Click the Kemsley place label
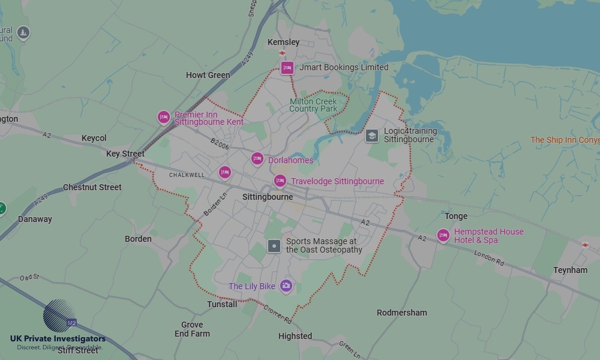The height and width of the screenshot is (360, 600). tap(284, 43)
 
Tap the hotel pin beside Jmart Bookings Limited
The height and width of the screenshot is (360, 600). tap(287, 68)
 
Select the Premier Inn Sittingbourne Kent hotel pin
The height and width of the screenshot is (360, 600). tap(163, 117)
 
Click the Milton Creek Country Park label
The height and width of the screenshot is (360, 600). tap(313, 105)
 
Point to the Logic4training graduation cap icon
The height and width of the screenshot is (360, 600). tap(372, 136)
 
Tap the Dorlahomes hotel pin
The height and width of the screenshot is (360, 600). tap(257, 158)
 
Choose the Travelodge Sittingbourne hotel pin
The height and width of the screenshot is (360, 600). tap(280, 181)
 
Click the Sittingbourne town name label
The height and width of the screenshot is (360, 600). tap(268, 197)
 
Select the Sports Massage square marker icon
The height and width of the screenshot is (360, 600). tap(274, 245)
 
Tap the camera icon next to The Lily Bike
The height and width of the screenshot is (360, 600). tap(286, 286)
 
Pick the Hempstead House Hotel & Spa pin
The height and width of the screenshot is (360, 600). tap(443, 235)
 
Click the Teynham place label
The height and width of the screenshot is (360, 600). tap(570, 270)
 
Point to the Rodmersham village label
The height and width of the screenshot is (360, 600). tap(402, 313)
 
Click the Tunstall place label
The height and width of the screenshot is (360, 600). tap(222, 304)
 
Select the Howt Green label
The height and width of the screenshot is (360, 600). tap(208, 75)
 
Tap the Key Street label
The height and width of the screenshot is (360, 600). tap(125, 154)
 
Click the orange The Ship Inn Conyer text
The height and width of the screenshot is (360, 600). tap(565, 140)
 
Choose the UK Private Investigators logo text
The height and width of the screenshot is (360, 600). tap(58, 339)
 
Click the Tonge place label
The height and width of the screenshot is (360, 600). tap(456, 216)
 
